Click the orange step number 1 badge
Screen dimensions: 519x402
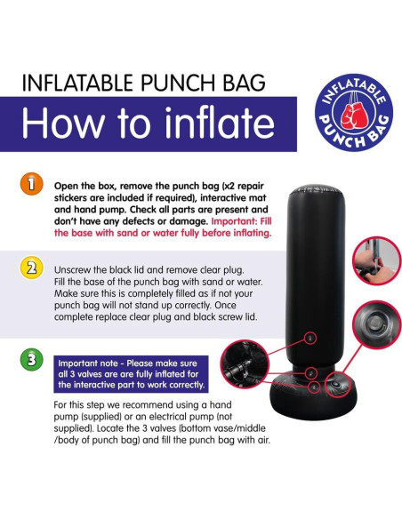[x=30, y=184]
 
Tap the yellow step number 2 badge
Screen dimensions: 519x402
[x=30, y=267]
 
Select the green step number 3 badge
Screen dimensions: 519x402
[x=30, y=362]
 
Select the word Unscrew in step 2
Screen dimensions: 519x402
[x=77, y=267]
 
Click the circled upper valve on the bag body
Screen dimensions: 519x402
[x=309, y=338]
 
